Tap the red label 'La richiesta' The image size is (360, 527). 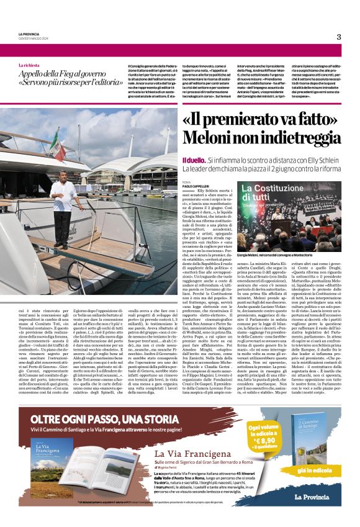coord(31,65)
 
